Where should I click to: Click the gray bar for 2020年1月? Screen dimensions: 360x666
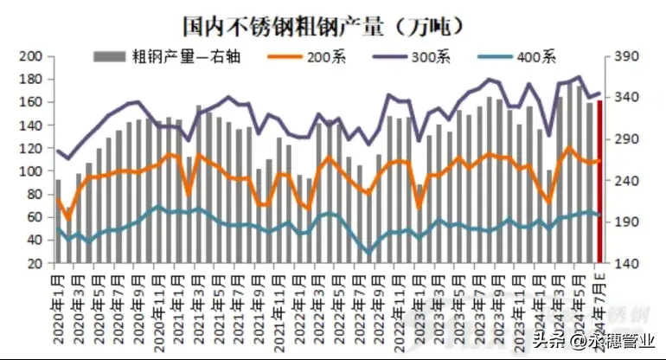pyautogui.click(x=58, y=222)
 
